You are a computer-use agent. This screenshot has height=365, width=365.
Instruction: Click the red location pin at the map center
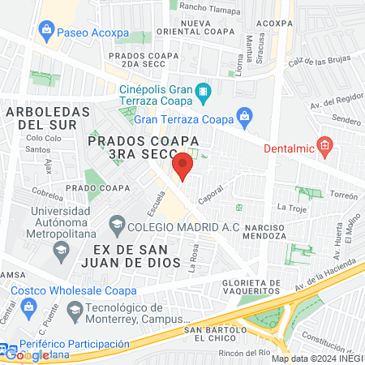[182, 165]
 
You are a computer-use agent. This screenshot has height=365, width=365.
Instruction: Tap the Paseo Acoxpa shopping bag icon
[45, 32]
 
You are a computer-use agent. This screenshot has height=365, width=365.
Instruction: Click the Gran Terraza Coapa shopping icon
[243, 116]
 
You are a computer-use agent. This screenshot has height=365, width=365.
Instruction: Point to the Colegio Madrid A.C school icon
[118, 223]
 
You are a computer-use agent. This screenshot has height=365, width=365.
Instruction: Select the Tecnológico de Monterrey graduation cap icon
[75, 309]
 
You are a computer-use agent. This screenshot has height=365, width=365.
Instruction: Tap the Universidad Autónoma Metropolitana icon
[59, 248]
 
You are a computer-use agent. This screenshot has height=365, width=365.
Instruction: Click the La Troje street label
[290, 208]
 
